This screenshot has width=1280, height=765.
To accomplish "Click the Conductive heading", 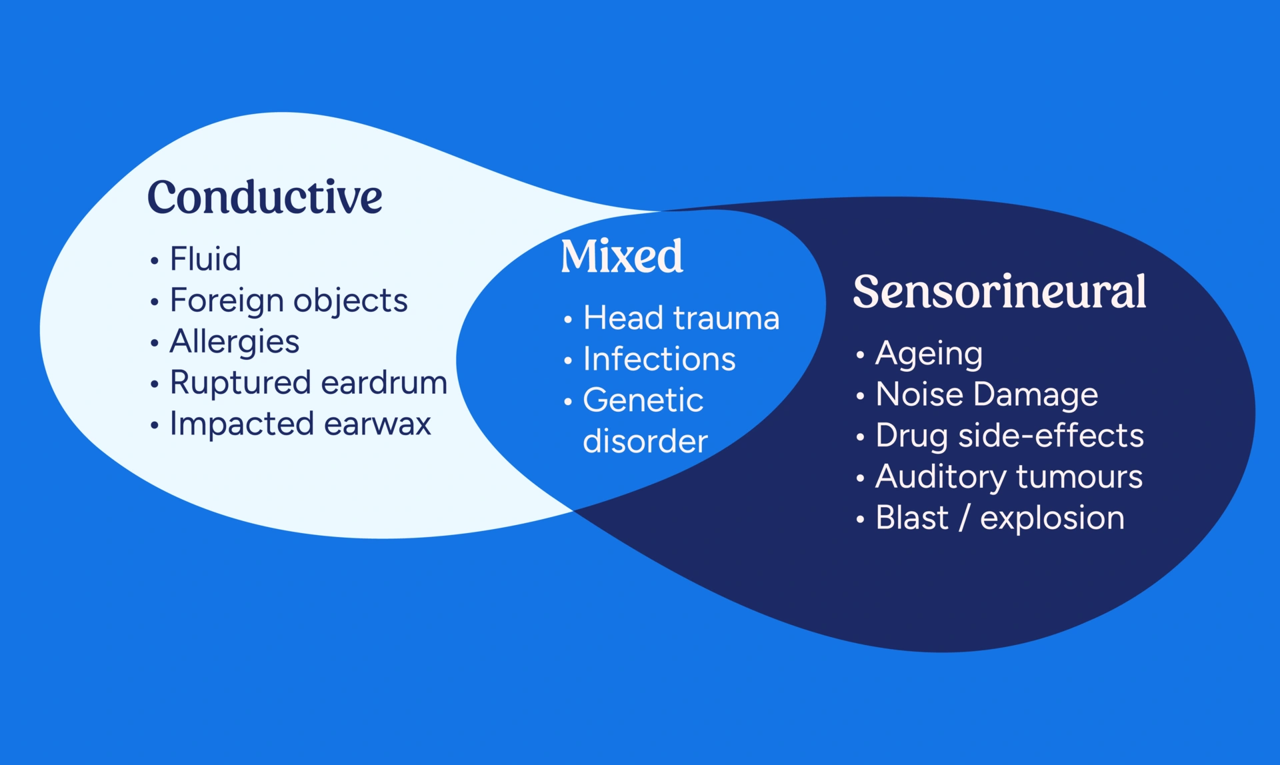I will tap(265, 198).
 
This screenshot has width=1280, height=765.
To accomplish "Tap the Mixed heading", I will tap(621, 257).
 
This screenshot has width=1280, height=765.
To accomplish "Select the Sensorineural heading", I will tap(999, 292).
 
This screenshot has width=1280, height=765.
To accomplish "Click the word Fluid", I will tap(205, 259).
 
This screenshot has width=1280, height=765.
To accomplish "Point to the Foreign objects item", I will tap(288, 301).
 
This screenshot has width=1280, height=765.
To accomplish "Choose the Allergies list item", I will tap(234, 342).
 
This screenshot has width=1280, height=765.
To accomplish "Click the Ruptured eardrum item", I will tap(308, 383).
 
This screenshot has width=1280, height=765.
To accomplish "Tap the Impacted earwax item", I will tap(300, 424).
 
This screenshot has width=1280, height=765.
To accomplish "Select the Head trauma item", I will tap(681, 318).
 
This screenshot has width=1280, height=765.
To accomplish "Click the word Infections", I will tap(659, 359).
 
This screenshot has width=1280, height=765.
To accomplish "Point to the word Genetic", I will tap(643, 400).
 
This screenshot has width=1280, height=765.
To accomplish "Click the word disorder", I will tap(645, 442).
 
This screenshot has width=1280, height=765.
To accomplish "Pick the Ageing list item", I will tap(929, 354).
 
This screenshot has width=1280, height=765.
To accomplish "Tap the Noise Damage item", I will tap(986, 394).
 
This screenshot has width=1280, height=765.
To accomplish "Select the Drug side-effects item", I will tap(1009, 436).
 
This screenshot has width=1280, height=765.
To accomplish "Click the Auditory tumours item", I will tap(1009, 477).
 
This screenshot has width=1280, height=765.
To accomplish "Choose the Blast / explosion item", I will tap(999, 518).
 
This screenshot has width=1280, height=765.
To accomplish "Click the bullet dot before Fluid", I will tap(155, 261).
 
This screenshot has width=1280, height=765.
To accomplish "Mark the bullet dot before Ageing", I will tap(860, 355).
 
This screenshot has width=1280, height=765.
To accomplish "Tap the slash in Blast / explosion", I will tap(964, 518).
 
